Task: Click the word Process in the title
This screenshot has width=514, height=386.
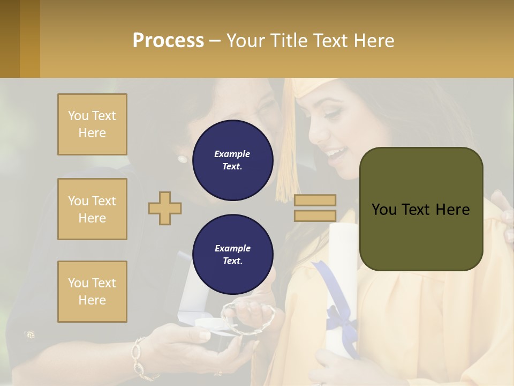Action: click(x=168, y=41)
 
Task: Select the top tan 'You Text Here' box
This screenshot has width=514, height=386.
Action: click(x=92, y=124)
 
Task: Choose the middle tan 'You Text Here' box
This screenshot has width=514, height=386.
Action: click(x=92, y=209)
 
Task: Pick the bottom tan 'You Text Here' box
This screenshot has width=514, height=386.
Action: click(x=92, y=292)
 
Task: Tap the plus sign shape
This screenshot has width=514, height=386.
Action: click(x=165, y=208)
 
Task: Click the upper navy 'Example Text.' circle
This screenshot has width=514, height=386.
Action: click(x=232, y=160)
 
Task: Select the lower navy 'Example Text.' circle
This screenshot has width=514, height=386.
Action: click(x=232, y=254)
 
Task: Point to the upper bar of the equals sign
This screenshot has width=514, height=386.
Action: click(x=315, y=200)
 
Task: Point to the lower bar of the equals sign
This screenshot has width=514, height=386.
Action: click(x=315, y=216)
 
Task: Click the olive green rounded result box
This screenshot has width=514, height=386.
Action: click(x=421, y=209)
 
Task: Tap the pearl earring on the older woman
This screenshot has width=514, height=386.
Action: click(x=183, y=159)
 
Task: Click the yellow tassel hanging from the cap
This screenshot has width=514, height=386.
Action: click(x=287, y=161)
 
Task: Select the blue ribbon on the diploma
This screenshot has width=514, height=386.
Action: click(x=335, y=311)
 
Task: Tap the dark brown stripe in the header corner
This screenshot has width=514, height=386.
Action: click(x=10, y=39)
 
